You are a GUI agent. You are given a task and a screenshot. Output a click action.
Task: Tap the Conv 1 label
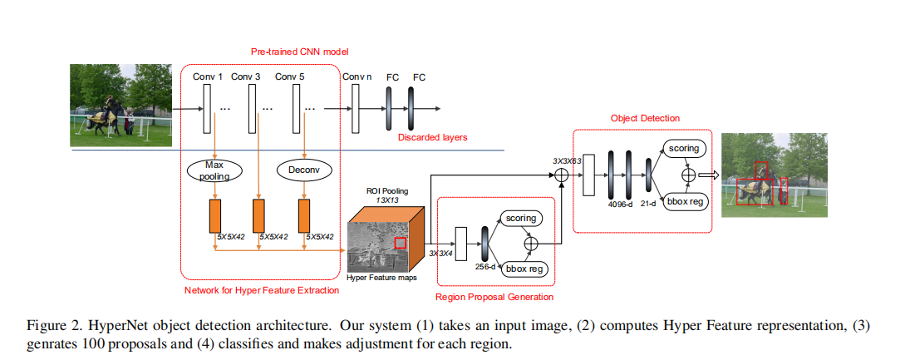click(208, 77)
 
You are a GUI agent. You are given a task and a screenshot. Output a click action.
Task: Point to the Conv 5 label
click(289, 77)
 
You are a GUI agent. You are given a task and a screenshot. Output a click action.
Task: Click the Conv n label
click(357, 77)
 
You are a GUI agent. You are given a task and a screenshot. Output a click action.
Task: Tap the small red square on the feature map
click(401, 243)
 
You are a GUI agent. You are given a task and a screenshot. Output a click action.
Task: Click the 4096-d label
click(617, 204)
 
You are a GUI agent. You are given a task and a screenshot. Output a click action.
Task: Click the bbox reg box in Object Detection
click(686, 201)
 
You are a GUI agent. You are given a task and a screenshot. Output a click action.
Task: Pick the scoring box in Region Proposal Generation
click(519, 218)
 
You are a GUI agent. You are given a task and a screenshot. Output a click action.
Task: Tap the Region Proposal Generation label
click(494, 296)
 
